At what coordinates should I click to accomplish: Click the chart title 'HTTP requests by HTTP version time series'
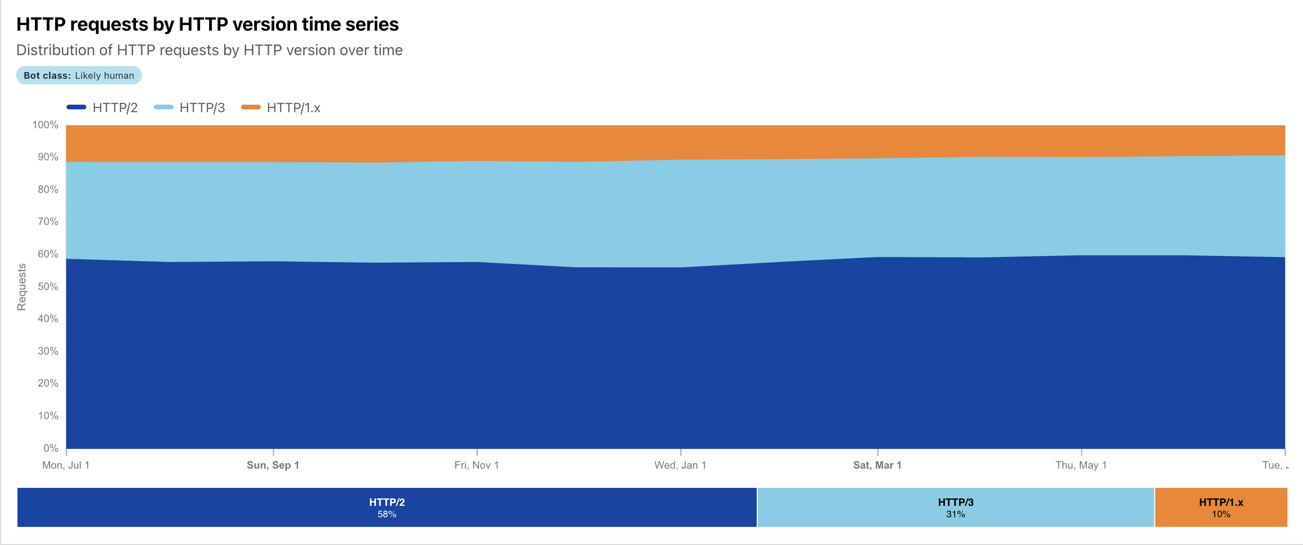[208, 24]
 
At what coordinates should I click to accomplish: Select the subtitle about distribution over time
[209, 50]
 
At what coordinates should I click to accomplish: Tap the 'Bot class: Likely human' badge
[79, 75]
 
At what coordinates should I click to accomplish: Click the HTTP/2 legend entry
[103, 107]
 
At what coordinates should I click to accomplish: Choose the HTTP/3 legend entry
[190, 107]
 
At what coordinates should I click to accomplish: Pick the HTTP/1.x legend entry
[281, 107]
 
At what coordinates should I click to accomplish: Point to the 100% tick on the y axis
[45, 125]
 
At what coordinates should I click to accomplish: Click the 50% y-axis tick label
[48, 287]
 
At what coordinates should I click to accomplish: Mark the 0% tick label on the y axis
[50, 448]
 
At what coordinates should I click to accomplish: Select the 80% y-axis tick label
[48, 190]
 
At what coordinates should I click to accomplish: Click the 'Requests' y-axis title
[21, 287]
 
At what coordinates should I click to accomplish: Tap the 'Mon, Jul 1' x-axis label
[66, 465]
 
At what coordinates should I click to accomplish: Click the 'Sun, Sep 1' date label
[273, 465]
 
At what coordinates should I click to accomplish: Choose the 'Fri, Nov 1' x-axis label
[476, 465]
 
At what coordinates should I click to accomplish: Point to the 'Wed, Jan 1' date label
[680, 465]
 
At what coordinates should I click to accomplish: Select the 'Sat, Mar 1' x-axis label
[877, 465]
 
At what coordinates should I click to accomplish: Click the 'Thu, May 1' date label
[1081, 465]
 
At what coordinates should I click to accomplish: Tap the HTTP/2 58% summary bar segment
[387, 507]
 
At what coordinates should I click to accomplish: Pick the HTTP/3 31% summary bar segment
[955, 507]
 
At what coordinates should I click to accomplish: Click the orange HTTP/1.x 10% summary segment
[1220, 507]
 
